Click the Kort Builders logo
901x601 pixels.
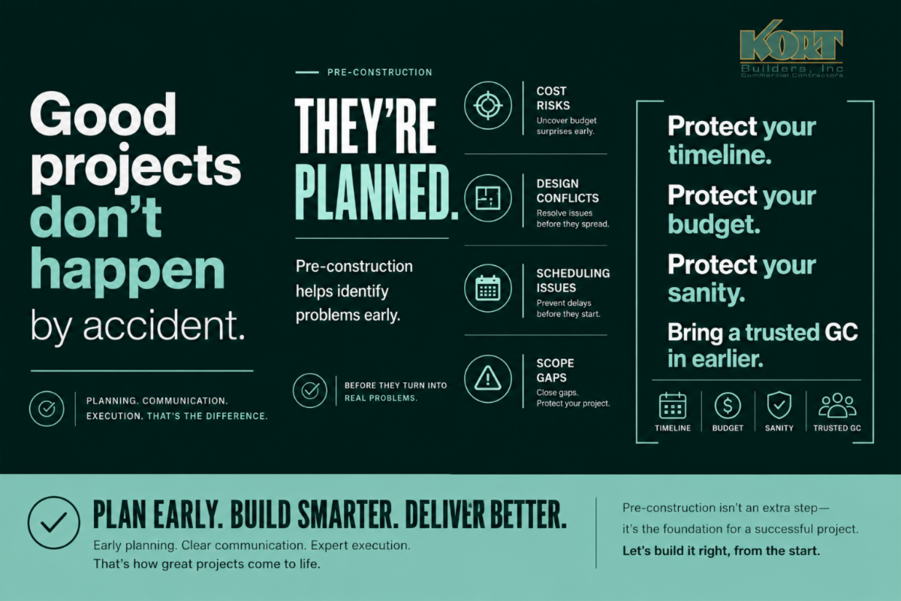point(791,49)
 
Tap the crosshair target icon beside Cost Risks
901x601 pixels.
point(488,105)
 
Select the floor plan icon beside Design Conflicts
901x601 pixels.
point(488,198)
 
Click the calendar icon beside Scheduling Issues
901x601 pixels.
point(488,288)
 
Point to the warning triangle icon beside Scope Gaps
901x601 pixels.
point(488,379)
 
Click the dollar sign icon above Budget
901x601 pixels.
point(728,406)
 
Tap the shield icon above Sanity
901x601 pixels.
point(779,406)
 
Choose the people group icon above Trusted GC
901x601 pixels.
point(837,406)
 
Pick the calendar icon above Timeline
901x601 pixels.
point(673,406)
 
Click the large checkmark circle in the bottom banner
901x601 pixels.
point(53,523)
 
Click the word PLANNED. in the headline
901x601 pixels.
point(377,192)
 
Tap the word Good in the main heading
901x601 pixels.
point(103,114)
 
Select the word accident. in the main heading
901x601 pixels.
point(164,325)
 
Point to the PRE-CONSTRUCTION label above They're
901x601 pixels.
point(380,72)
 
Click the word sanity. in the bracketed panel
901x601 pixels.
point(707,293)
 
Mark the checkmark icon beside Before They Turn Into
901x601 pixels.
point(310,391)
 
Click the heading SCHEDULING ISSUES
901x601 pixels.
point(573,280)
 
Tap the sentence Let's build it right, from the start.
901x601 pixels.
point(722,551)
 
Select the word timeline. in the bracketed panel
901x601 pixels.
point(719,155)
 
